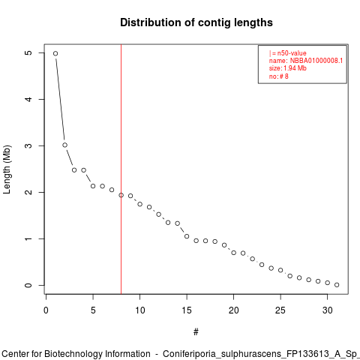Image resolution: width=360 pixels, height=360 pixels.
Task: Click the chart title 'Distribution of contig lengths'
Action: coord(196,22)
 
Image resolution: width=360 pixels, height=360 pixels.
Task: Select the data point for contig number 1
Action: coord(55,53)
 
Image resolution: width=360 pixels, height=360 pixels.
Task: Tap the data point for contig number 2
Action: coord(65,145)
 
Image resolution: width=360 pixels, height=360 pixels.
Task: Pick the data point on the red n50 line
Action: coord(121,195)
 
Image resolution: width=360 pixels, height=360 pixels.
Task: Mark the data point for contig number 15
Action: coord(187,236)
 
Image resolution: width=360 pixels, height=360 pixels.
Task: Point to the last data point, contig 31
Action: coord(337,285)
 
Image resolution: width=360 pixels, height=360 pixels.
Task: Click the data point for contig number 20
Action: coord(234,253)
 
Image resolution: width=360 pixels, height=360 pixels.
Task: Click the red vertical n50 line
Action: coord(121,169)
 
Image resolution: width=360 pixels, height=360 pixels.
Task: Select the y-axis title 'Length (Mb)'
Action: coord(7,169)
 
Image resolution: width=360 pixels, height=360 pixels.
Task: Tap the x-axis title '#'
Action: coord(196,332)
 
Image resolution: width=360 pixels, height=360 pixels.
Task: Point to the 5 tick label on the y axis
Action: coord(28,52)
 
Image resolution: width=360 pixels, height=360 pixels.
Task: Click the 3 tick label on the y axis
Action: coord(28,145)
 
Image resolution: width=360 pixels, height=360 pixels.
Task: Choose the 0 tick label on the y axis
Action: coord(28,285)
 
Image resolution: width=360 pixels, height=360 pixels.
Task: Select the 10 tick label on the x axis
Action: coord(140,310)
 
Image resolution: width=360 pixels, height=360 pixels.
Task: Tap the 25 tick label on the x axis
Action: coord(280,310)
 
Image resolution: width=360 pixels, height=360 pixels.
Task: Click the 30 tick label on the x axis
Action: coord(328,310)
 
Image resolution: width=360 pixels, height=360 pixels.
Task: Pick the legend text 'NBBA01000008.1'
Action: coord(316,61)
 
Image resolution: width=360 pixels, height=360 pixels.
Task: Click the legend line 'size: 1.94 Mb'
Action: coord(288,68)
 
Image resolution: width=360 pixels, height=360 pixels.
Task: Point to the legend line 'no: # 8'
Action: coord(279,76)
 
